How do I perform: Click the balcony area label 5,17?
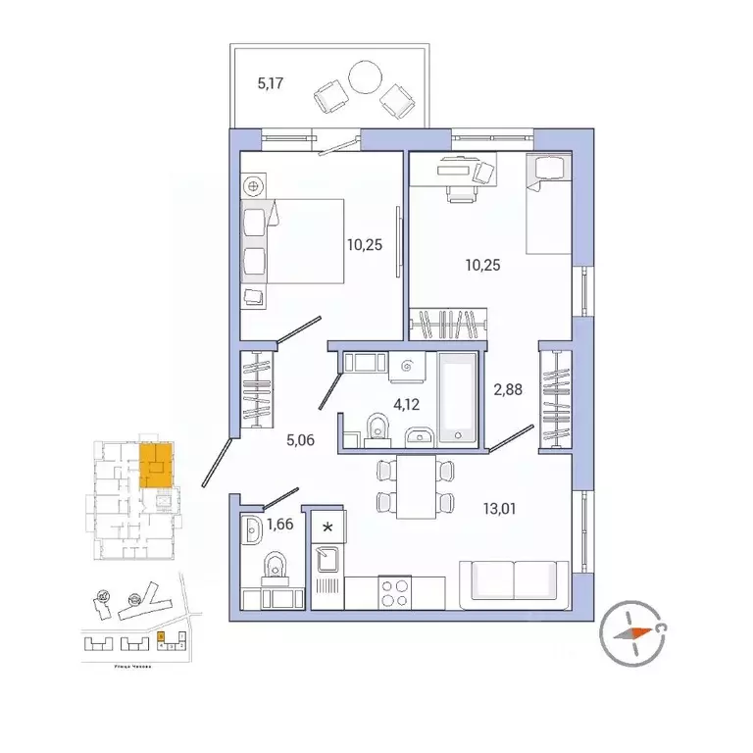(x=270, y=84)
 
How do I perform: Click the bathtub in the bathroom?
(x=456, y=397)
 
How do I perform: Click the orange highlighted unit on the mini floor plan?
(x=154, y=465)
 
